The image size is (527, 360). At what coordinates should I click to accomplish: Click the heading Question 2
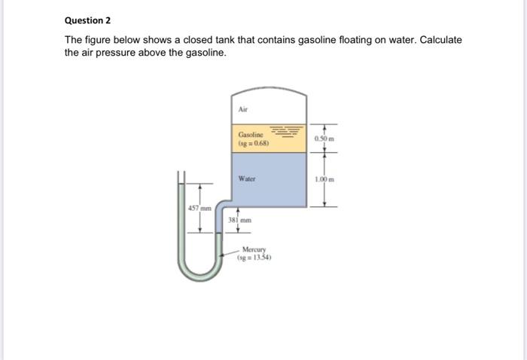click(x=87, y=20)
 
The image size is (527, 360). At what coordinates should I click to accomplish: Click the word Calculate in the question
click(x=441, y=40)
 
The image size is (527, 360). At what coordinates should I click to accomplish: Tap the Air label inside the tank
click(x=242, y=109)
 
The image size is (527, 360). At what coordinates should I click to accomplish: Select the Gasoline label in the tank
click(x=251, y=135)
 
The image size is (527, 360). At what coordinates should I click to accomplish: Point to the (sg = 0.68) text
click(x=254, y=143)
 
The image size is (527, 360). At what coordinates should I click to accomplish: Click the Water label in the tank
click(x=247, y=178)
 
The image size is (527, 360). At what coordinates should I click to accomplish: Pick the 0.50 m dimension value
click(x=324, y=139)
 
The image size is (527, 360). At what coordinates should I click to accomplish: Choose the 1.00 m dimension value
click(x=324, y=179)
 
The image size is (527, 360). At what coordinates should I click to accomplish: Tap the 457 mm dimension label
click(x=200, y=208)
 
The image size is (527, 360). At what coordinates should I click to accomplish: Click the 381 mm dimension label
click(x=239, y=220)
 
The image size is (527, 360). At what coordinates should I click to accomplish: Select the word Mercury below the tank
click(x=254, y=249)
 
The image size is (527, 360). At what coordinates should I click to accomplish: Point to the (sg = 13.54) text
click(x=254, y=258)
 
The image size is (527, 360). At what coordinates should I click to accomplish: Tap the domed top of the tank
click(x=269, y=90)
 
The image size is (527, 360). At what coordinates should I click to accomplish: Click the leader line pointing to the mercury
click(x=230, y=253)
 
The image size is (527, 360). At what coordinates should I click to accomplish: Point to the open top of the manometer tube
click(x=181, y=172)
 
